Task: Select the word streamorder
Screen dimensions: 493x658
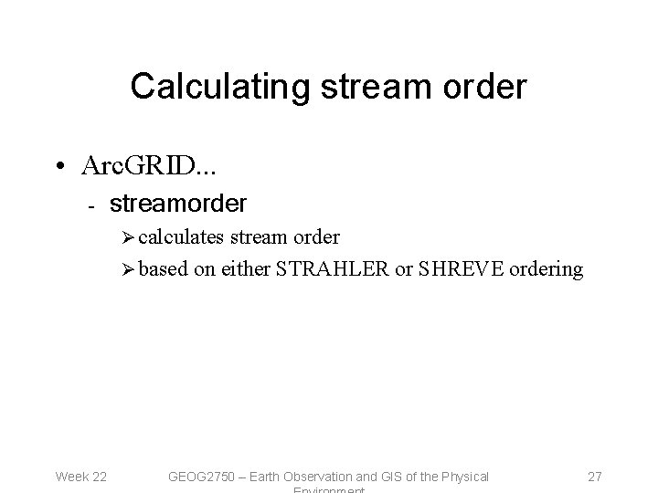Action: pyautogui.click(x=178, y=203)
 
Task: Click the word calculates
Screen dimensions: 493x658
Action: pyautogui.click(x=181, y=238)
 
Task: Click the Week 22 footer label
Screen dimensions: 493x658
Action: pyautogui.click(x=81, y=476)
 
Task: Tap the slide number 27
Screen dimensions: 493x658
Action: pyautogui.click(x=595, y=476)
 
